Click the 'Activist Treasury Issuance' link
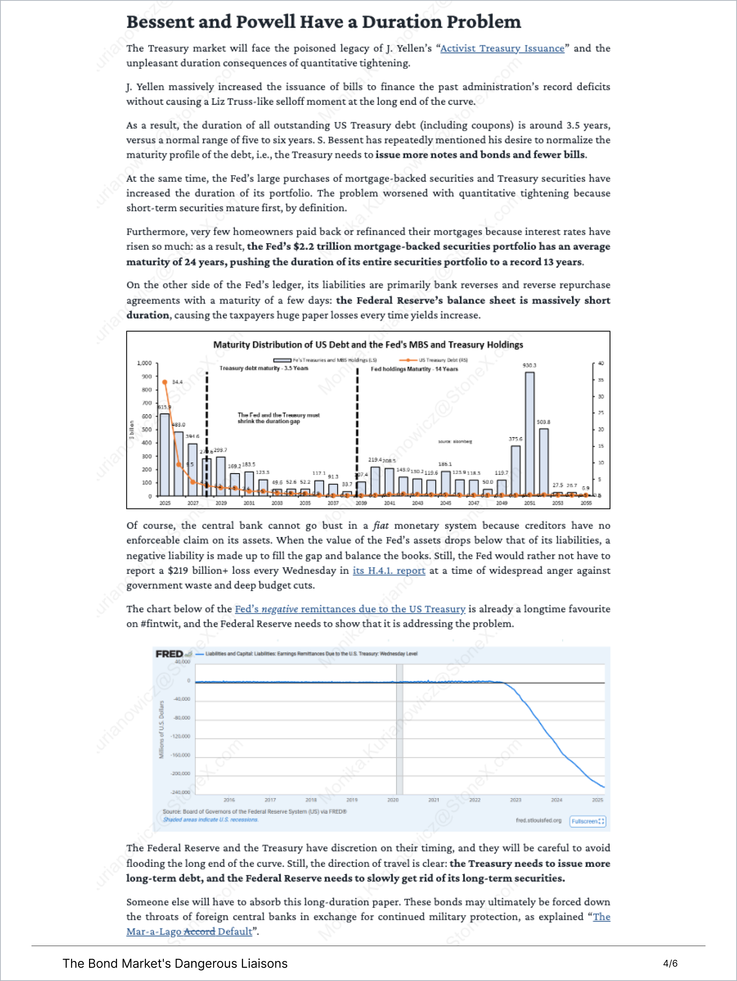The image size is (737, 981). pyautogui.click(x=502, y=48)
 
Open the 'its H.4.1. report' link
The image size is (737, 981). pyautogui.click(x=389, y=571)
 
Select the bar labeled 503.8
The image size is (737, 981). pyautogui.click(x=544, y=461)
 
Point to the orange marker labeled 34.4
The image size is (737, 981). pyautogui.click(x=165, y=382)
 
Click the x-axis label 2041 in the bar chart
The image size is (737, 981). pyautogui.click(x=390, y=503)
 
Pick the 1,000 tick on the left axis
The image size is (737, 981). pyautogui.click(x=144, y=363)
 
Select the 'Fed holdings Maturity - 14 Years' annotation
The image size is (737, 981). pyautogui.click(x=414, y=369)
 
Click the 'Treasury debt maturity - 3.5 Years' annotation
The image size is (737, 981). pyautogui.click(x=264, y=368)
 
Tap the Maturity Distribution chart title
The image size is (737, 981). pyautogui.click(x=368, y=345)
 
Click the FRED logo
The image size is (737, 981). pyautogui.click(x=170, y=654)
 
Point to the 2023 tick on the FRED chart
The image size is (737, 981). pyautogui.click(x=516, y=800)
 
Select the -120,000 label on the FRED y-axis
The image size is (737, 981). pyautogui.click(x=180, y=736)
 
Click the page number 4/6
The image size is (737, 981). pyautogui.click(x=670, y=963)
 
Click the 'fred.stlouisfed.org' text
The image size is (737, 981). pyautogui.click(x=539, y=820)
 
